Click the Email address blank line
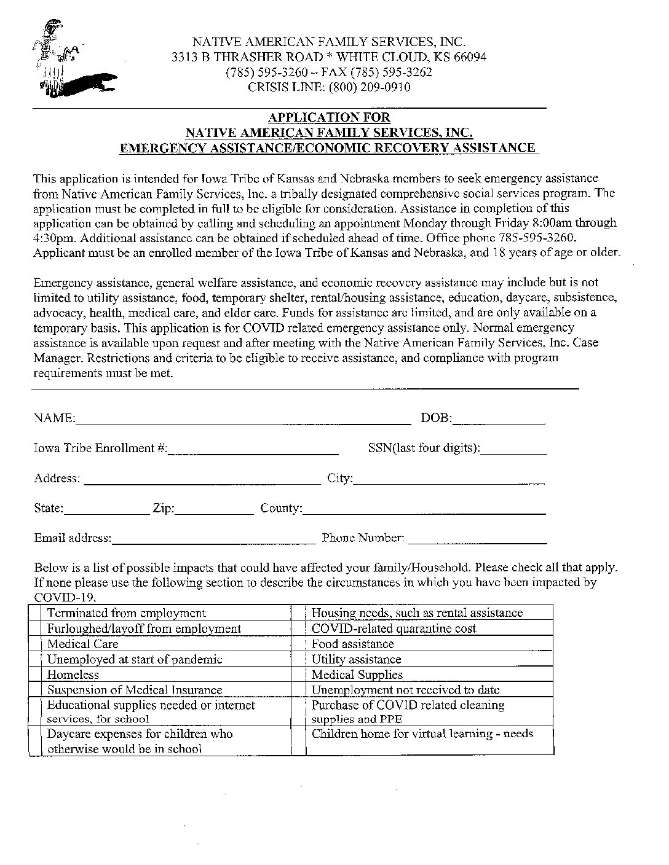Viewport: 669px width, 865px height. [x=213, y=539]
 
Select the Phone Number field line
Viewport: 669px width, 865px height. [x=477, y=539]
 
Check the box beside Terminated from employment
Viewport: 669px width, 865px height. [x=36, y=613]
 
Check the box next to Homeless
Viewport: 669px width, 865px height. [x=36, y=675]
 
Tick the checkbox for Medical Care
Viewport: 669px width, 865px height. [x=36, y=644]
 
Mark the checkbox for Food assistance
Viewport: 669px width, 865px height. [x=298, y=644]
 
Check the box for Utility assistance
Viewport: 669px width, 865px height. [x=298, y=659]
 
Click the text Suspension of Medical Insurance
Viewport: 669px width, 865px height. [x=135, y=690]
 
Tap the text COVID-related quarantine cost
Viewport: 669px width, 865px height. [x=394, y=628]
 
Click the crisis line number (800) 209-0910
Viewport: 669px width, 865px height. [x=369, y=87]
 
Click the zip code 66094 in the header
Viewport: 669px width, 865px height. [x=470, y=57]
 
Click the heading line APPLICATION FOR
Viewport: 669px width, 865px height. [x=329, y=117]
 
